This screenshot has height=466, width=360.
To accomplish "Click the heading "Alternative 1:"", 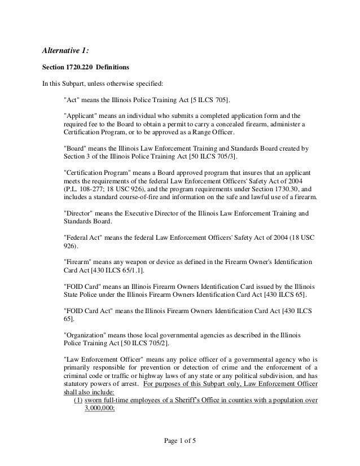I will pyautogui.click(x=66, y=52).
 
